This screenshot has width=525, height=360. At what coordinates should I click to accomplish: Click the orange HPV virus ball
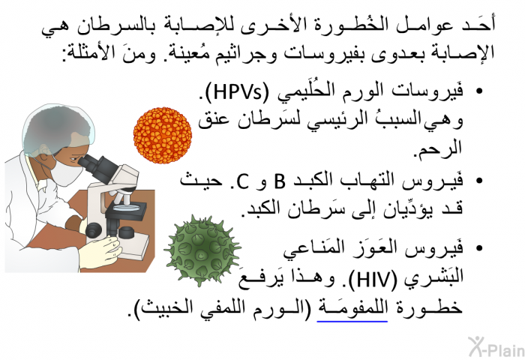tap(163, 135)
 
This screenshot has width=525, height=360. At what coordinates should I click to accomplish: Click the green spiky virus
tap(202, 250)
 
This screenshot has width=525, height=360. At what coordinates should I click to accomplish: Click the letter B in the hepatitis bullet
tap(280, 181)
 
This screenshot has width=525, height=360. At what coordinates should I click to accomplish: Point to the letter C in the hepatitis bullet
tap(242, 181)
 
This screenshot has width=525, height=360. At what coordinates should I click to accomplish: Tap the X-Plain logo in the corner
tap(496, 346)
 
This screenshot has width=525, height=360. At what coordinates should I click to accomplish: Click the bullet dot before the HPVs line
tap(479, 91)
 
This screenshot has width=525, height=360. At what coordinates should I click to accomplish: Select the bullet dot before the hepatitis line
tap(479, 181)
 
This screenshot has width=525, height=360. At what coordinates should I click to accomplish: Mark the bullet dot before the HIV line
tap(479, 248)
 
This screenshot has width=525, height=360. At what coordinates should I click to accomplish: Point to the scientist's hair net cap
tap(58, 128)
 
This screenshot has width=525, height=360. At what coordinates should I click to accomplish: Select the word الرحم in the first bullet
tap(438, 147)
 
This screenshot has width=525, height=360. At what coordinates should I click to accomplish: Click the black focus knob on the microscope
tap(94, 230)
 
